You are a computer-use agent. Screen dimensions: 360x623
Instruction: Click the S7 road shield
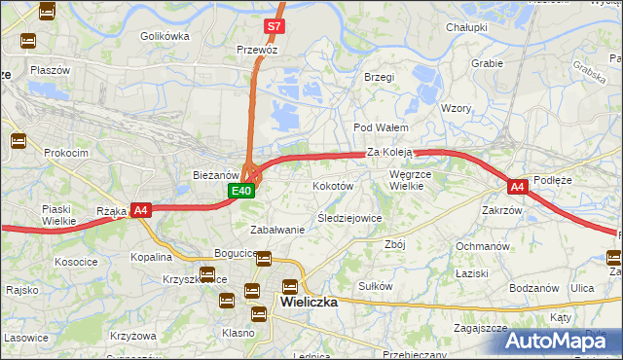(275, 25)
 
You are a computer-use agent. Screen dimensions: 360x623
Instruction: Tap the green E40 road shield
(243, 192)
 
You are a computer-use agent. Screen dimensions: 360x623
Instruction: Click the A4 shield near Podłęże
(517, 186)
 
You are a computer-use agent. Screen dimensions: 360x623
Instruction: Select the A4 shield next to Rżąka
(141, 209)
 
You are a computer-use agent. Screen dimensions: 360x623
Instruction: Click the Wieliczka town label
(309, 302)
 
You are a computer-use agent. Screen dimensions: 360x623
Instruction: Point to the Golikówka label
(164, 36)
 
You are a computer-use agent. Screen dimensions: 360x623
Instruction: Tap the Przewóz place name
(257, 49)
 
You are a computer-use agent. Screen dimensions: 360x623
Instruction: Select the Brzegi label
(378, 77)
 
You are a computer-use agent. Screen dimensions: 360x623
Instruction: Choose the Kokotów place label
(332, 185)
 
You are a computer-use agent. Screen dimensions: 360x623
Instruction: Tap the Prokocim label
(65, 153)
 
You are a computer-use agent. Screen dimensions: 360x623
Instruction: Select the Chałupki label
(465, 27)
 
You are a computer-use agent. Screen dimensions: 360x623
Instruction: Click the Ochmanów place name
(483, 246)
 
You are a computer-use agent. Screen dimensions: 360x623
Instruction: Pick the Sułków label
(375, 286)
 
